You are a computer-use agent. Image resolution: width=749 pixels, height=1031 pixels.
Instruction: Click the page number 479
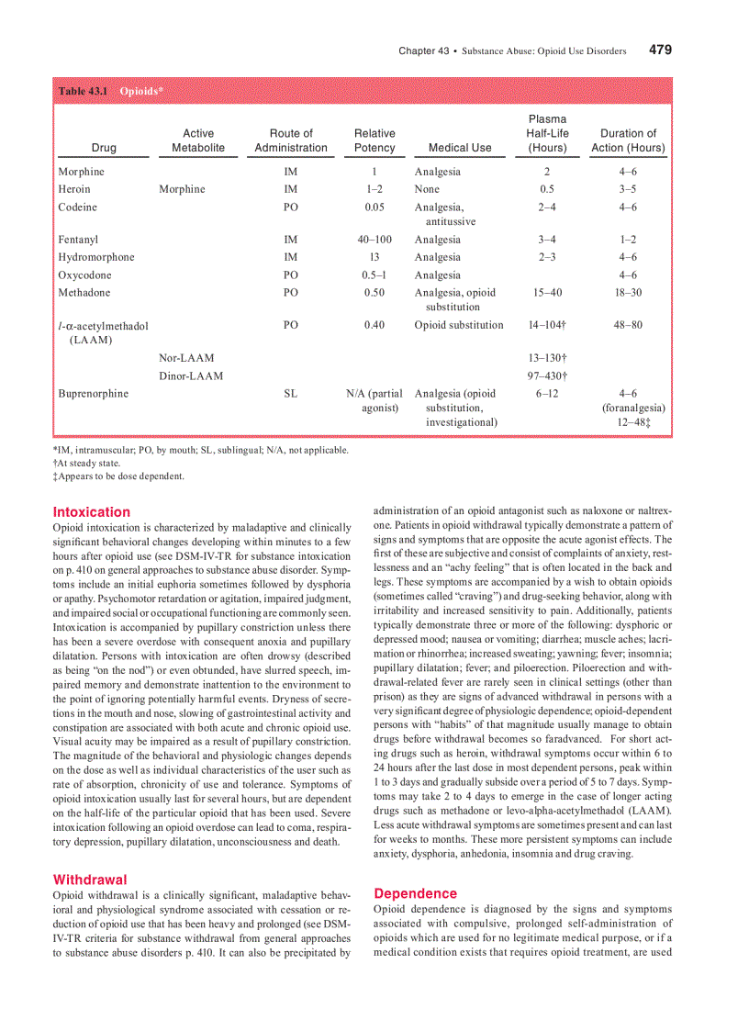660,50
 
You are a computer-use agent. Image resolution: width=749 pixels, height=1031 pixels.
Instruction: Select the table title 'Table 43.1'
84,91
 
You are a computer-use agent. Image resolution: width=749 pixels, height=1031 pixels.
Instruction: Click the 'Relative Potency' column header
374,140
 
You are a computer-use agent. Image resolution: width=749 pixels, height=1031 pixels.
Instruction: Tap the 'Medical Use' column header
460,148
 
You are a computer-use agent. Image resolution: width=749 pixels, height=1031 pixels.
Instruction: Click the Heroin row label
74,189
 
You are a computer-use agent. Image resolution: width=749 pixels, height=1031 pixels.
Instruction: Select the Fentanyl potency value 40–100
374,240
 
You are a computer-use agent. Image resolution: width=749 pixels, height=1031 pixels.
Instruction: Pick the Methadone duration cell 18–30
628,293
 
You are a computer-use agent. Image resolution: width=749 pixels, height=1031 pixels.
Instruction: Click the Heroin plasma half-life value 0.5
547,189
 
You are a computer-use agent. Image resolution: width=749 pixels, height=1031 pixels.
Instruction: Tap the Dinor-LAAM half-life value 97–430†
547,376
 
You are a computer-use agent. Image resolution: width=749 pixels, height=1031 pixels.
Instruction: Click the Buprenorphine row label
94,394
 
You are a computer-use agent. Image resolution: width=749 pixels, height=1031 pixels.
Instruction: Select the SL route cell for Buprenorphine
291,394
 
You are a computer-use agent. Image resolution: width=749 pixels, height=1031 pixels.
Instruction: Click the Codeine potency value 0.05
374,207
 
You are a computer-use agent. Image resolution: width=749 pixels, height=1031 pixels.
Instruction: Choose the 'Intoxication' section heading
92,511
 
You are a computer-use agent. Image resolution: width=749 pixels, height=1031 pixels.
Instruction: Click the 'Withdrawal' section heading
90,880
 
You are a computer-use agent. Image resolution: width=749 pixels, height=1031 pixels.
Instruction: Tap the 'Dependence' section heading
415,893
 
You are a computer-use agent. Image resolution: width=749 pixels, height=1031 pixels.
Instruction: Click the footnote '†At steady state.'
86,464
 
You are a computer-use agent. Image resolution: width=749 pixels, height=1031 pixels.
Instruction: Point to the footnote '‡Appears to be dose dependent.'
118,476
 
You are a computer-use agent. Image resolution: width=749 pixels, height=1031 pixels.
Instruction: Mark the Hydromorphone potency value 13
374,257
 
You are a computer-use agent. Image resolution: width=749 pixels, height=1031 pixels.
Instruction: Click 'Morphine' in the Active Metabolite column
182,189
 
